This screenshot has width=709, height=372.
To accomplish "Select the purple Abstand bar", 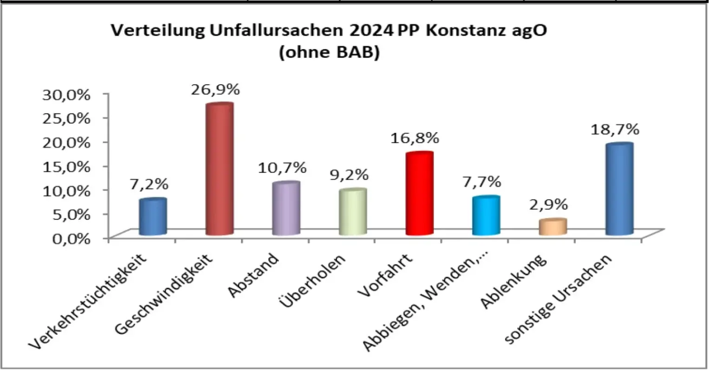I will click(x=286, y=209).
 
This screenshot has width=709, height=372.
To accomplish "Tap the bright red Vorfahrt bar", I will click(x=419, y=194).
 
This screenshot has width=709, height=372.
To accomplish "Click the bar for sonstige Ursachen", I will click(x=619, y=190).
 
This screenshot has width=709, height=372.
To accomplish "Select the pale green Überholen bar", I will click(x=352, y=213).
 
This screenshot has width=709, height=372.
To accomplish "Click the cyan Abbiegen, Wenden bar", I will click(x=486, y=216).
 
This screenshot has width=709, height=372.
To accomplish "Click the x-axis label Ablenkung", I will click(x=515, y=284).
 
